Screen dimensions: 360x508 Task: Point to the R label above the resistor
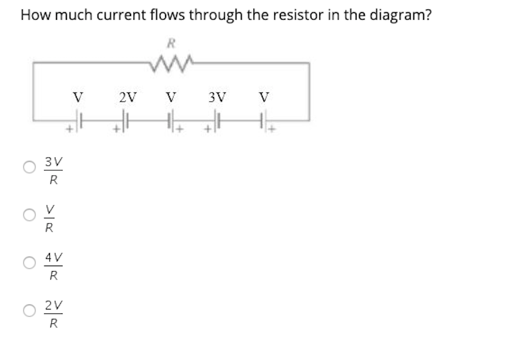[x=172, y=43]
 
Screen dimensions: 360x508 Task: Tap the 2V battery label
[x=127, y=98]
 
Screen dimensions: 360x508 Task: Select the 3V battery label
[x=217, y=98]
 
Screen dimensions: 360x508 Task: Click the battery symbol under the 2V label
[x=126, y=121]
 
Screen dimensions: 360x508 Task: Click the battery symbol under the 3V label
[x=218, y=121]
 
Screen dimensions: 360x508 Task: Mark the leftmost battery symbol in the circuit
[x=80, y=121]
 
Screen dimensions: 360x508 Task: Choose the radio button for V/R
[x=29, y=215]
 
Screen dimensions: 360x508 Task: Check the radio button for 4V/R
[x=29, y=263]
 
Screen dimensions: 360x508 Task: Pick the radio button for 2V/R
[x=29, y=311]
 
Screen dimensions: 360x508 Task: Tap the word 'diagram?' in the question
[x=399, y=15]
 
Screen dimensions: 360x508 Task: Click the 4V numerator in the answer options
[x=53, y=257]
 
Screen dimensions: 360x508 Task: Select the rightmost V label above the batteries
[x=264, y=98]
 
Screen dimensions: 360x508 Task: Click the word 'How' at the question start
[x=33, y=15]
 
